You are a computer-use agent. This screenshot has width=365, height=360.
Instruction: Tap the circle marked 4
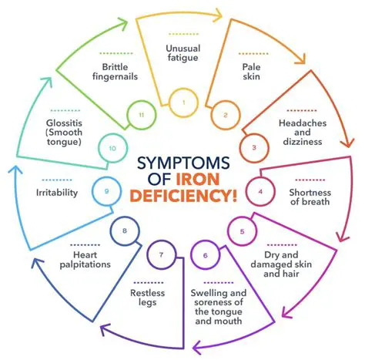point(260,190)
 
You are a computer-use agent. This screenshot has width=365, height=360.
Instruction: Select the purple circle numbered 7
point(160,254)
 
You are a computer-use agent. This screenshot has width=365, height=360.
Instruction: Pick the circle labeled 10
point(112,146)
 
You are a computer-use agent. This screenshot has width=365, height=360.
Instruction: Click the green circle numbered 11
point(141,114)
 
